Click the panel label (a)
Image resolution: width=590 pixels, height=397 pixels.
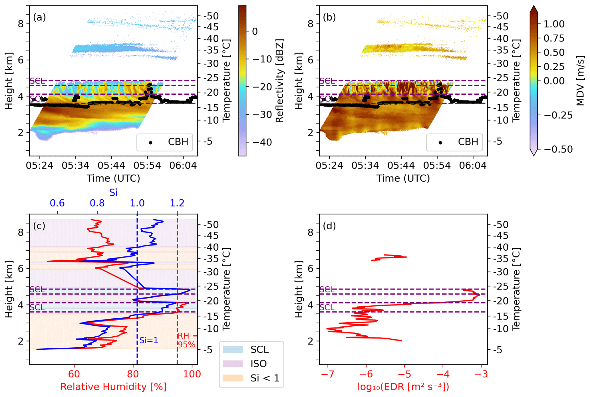[x=39, y=17]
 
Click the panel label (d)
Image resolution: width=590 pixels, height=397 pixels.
[x=329, y=226]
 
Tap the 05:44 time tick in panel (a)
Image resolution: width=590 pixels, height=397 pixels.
[x=111, y=166]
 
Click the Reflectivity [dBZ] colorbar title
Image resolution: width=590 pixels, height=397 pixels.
[x=280, y=81]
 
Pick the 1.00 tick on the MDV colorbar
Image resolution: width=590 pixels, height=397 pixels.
[x=554, y=24]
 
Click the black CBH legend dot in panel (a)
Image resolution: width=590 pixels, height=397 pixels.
[x=150, y=142]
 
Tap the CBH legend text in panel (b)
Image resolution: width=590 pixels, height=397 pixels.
[x=468, y=142]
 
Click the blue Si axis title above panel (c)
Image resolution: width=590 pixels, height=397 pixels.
[x=113, y=193]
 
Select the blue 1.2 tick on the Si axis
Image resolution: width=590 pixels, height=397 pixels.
[x=177, y=203]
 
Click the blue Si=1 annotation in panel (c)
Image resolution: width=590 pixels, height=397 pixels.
[x=149, y=340]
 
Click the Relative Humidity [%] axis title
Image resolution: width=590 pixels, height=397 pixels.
[x=113, y=387]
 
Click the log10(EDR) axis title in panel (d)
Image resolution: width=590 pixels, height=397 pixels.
[x=403, y=387]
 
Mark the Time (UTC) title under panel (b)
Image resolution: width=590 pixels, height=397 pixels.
[x=403, y=178]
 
